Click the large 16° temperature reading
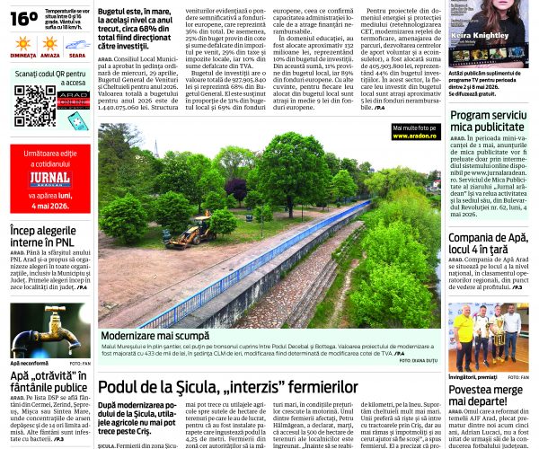tap(23, 17)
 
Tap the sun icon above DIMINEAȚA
tap(23, 43)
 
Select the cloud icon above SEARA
tap(77, 43)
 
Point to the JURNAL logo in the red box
tap(49, 178)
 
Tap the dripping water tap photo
tap(49, 330)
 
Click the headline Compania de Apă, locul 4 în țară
tap(488, 243)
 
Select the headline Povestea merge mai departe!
tap(488, 396)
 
